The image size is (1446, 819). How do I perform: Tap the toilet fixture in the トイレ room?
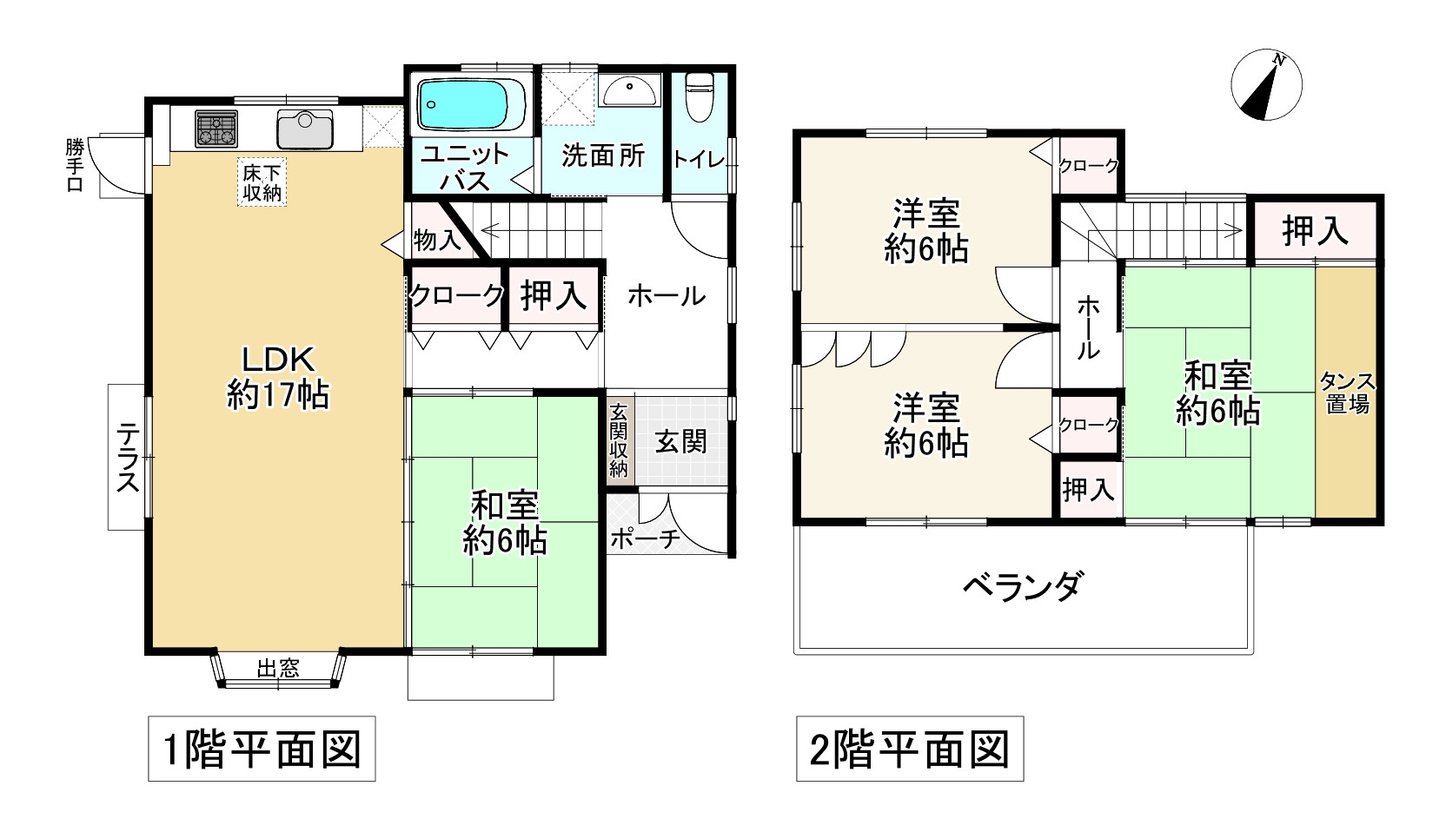click(699, 96)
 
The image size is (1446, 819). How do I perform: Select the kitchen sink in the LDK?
click(304, 129)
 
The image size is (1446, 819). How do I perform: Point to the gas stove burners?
click(216, 129)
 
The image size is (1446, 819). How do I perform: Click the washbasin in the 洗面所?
click(630, 91)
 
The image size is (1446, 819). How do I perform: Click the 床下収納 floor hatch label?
click(262, 183)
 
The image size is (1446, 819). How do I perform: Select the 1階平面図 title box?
click(262, 749)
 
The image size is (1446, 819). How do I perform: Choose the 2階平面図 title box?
click(910, 749)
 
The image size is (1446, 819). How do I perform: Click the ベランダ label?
click(1022, 587)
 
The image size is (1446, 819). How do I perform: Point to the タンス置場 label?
click(1347, 393)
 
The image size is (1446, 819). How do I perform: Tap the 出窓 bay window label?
click(278, 668)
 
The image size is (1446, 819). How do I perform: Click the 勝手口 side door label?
click(75, 165)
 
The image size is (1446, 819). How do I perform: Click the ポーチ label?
click(644, 539)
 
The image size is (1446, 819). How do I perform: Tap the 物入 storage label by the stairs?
click(437, 240)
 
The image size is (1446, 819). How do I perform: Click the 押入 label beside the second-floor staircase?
click(1315, 231)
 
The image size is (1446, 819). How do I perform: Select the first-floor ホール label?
click(666, 296)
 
